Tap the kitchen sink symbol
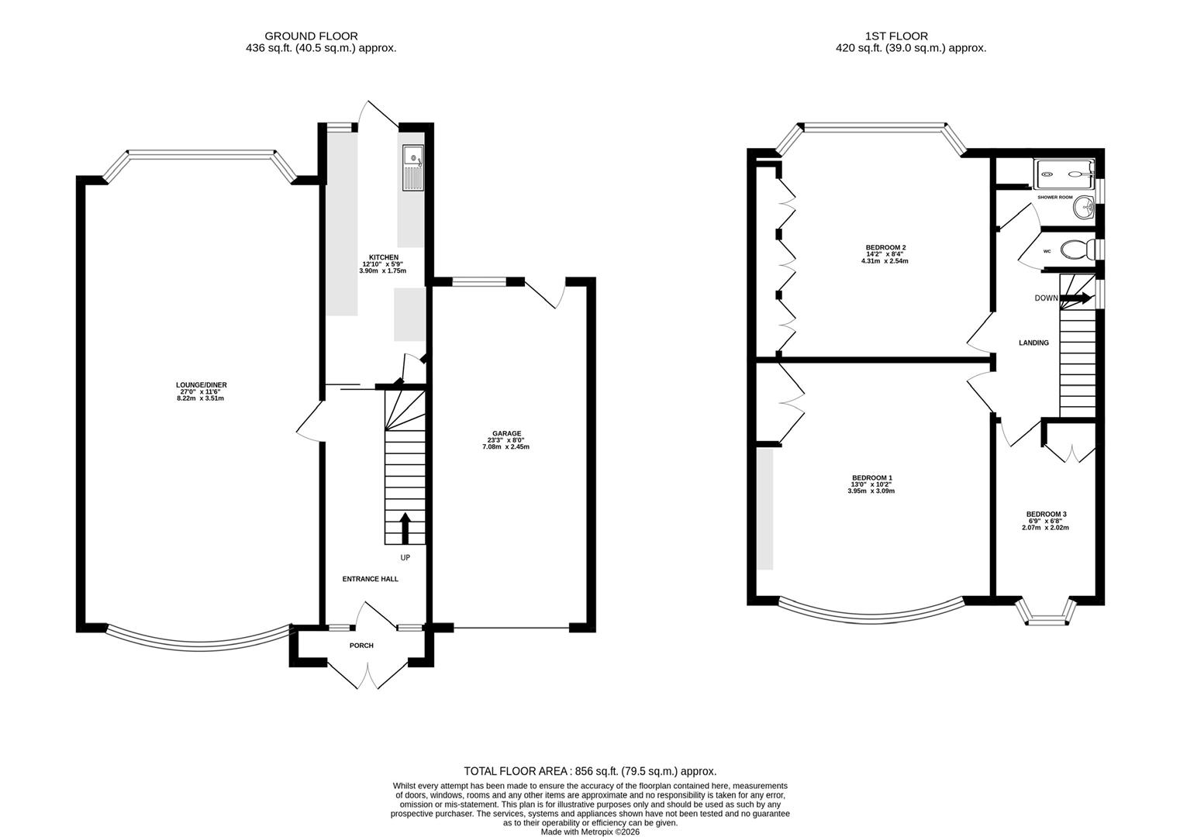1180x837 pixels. click(413, 168)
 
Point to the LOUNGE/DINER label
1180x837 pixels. click(201, 385)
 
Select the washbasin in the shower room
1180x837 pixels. click(1084, 205)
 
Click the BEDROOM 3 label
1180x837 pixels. click(1046, 514)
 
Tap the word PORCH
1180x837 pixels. click(361, 646)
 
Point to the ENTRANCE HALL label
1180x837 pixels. click(370, 579)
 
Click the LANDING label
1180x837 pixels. click(1033, 343)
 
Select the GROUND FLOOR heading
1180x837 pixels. click(311, 36)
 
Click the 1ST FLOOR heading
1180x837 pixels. click(896, 36)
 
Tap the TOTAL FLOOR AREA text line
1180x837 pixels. click(590, 771)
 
